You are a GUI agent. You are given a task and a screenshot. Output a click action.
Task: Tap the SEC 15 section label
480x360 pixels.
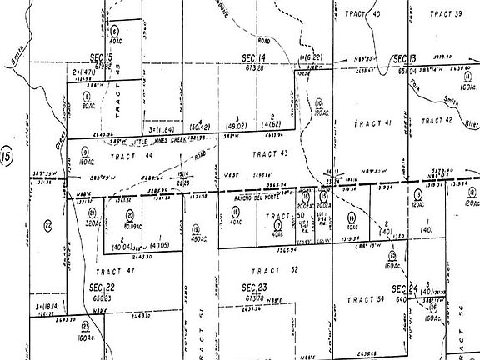click(x=101, y=57)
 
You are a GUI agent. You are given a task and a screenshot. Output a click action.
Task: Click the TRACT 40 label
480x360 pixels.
click(x=364, y=14)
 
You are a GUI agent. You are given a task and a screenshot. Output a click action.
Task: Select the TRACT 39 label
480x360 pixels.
click(x=446, y=13)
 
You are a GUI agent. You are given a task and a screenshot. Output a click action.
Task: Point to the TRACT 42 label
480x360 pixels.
click(x=437, y=120)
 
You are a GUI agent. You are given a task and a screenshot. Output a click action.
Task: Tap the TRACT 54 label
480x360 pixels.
click(x=367, y=299)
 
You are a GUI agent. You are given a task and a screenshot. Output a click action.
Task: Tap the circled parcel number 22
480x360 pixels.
click(x=47, y=225)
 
